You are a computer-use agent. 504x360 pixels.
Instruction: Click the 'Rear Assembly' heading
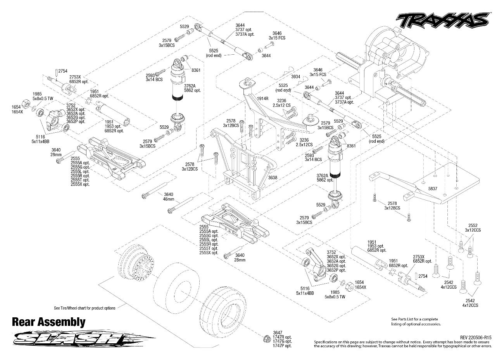tap(48, 322)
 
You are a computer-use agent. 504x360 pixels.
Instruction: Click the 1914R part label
tap(263, 99)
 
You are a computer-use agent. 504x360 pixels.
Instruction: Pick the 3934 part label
tap(296, 76)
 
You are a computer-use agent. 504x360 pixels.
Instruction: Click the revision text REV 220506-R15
tap(476, 337)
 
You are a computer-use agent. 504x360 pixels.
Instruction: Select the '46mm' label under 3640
tap(169, 199)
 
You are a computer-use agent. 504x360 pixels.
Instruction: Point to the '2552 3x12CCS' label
tap(472, 228)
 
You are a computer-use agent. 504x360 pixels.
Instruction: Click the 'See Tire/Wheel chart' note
tap(85, 308)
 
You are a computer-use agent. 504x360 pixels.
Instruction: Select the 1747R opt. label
tap(282, 337)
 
